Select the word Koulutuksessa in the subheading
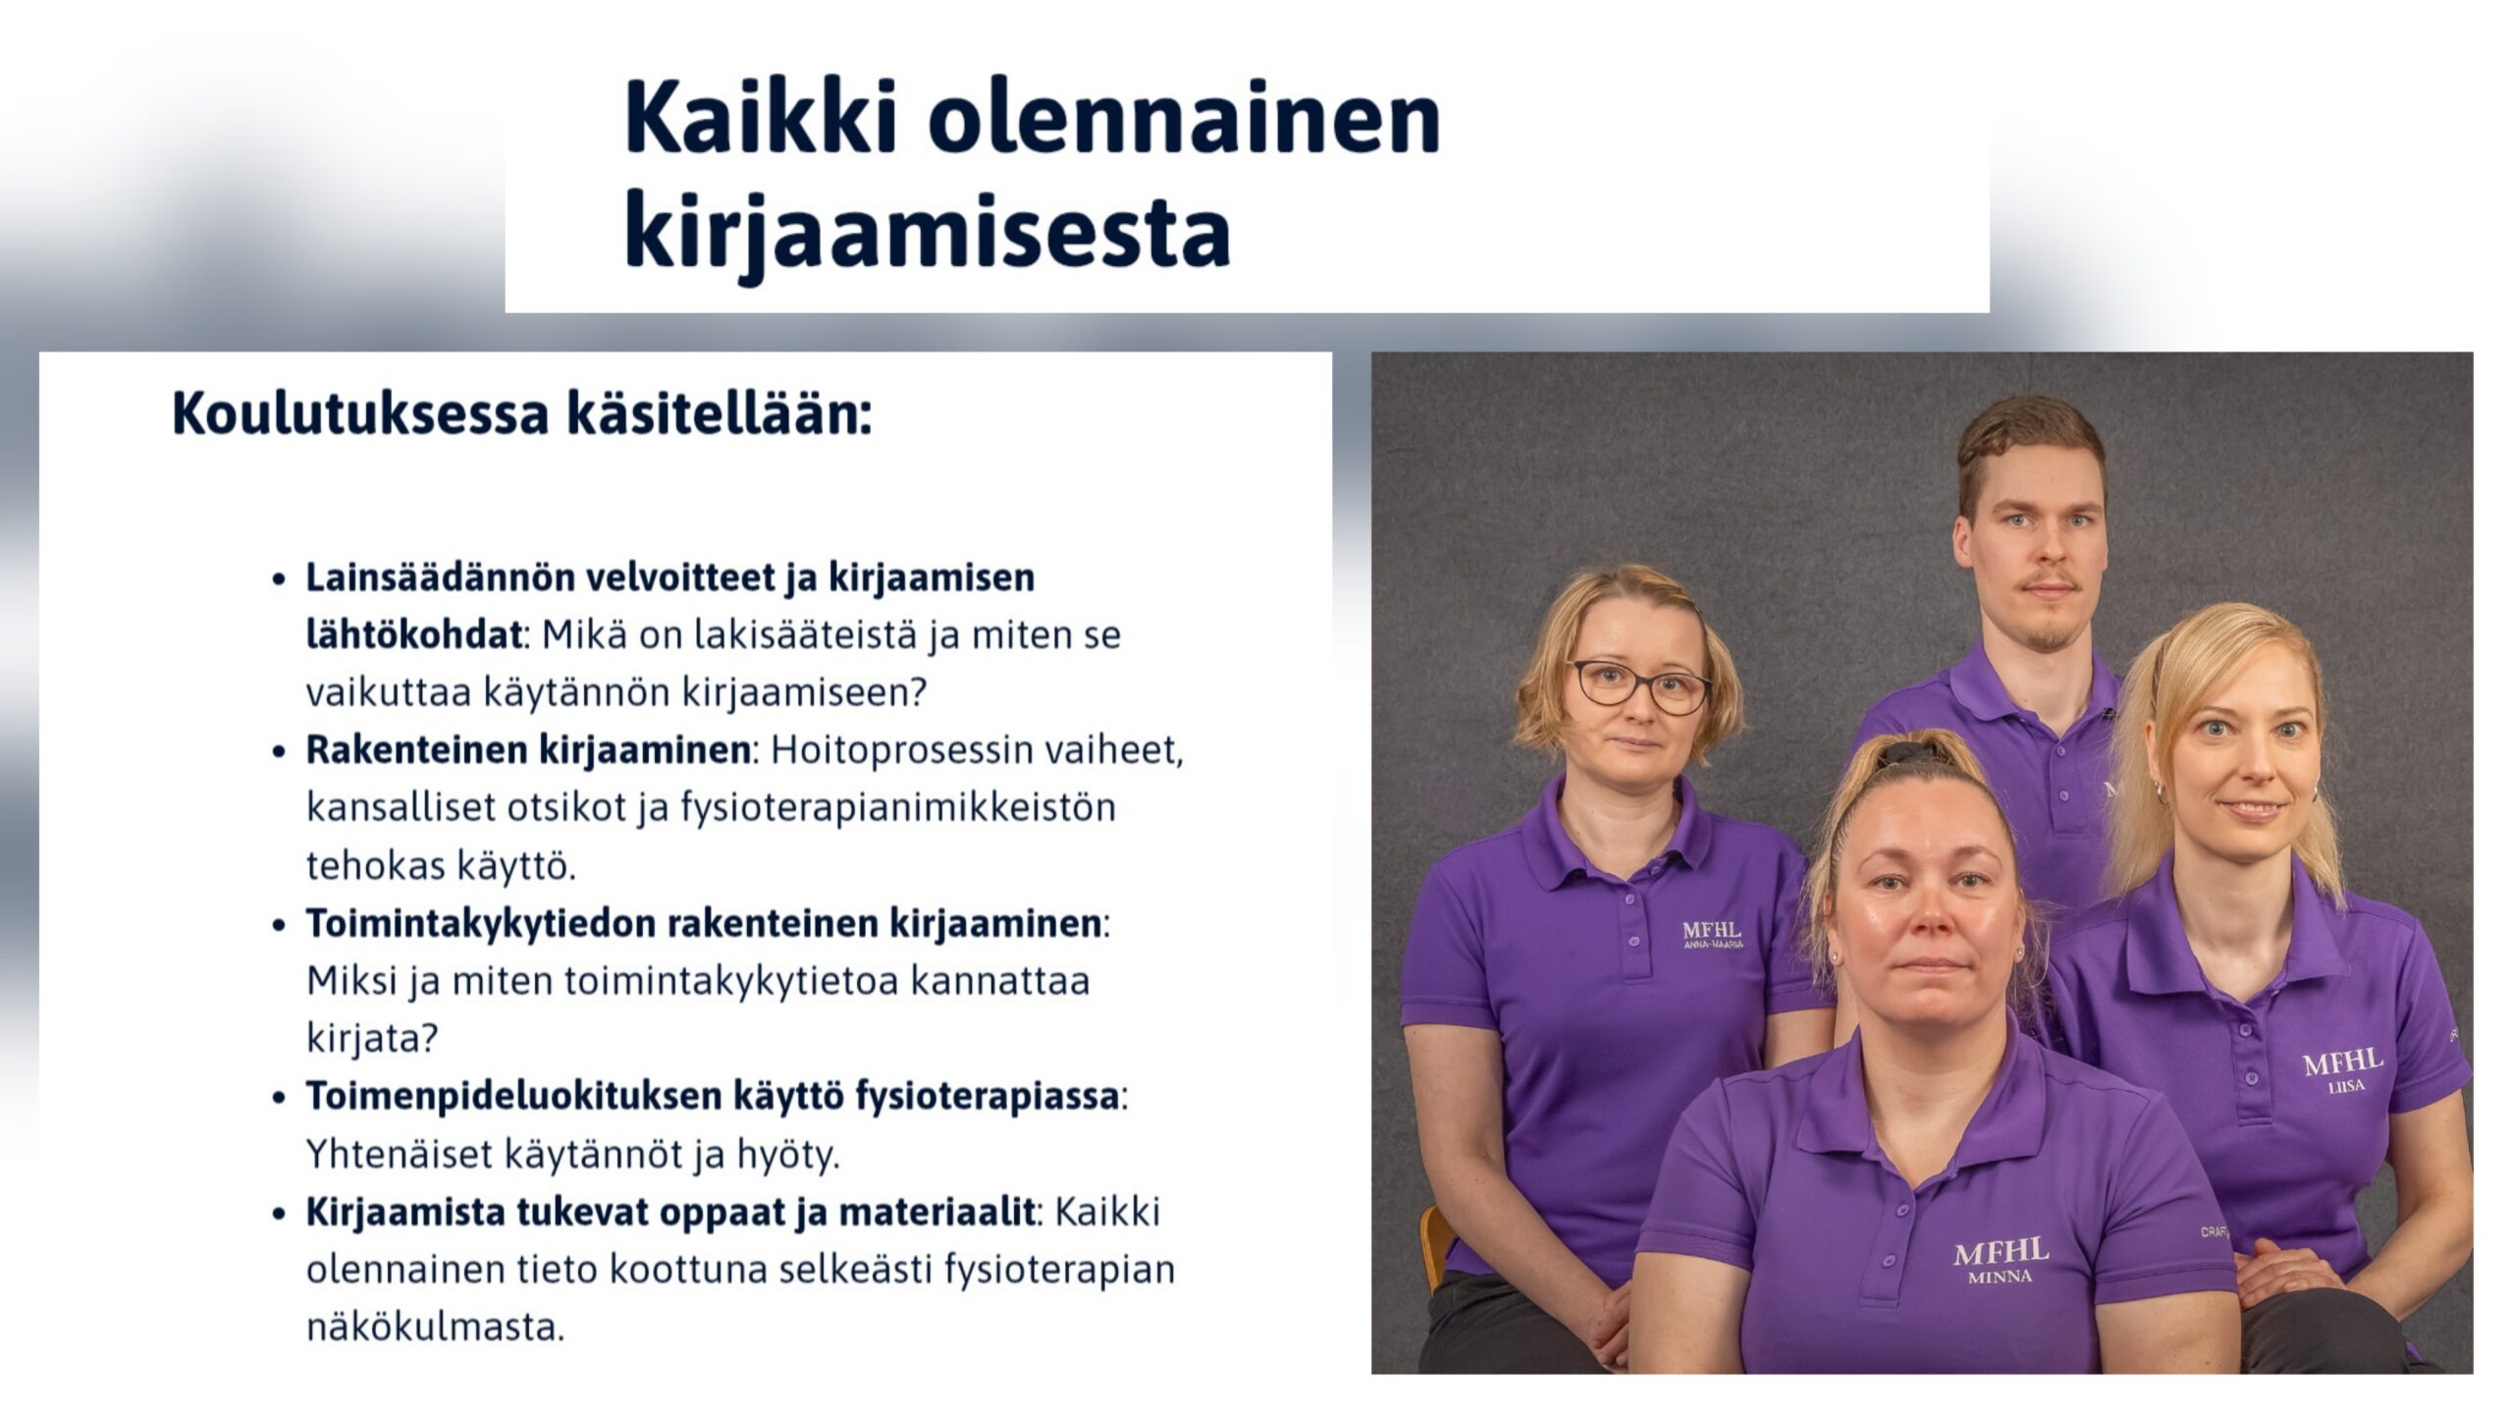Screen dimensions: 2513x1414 [360, 413]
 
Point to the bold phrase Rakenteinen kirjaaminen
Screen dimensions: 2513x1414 [529, 750]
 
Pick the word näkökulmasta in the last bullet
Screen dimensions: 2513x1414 [436, 1328]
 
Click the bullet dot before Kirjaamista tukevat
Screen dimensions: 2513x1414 [280, 1215]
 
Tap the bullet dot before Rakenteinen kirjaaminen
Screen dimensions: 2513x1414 [280, 752]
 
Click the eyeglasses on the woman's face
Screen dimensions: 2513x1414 [1640, 686]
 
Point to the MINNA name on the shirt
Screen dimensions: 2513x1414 [2000, 1278]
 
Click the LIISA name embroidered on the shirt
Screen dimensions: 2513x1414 [2346, 1086]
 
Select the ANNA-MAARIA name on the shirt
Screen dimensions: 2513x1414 [1713, 944]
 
